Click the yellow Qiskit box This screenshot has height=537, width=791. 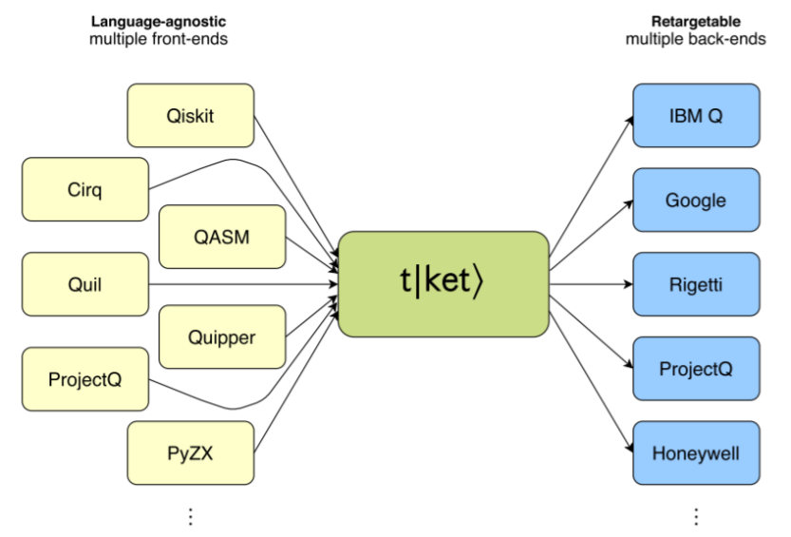[x=191, y=116]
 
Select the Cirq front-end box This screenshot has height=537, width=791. [x=85, y=189]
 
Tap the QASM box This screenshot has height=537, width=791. [x=222, y=237]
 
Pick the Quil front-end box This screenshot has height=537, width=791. [x=85, y=284]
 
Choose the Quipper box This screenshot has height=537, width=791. [x=222, y=336]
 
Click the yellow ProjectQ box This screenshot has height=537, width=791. [x=85, y=379]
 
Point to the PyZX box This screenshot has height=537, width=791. [x=191, y=452]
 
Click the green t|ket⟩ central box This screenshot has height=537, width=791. [x=443, y=283]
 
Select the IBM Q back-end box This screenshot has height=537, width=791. [x=696, y=116]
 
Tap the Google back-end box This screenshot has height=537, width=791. [x=696, y=201]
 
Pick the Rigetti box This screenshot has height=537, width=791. [x=696, y=284]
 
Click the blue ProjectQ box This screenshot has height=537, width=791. [x=696, y=369]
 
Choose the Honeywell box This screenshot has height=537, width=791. [x=696, y=452]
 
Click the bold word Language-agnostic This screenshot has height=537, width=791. [x=159, y=21]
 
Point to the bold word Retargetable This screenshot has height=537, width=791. [x=696, y=21]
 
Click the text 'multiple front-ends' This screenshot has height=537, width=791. [x=159, y=39]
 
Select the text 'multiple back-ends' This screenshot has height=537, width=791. [x=696, y=39]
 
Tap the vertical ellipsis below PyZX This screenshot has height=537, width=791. [x=191, y=515]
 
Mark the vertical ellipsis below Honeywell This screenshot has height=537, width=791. [x=696, y=515]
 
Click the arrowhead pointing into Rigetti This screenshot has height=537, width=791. [x=628, y=284]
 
